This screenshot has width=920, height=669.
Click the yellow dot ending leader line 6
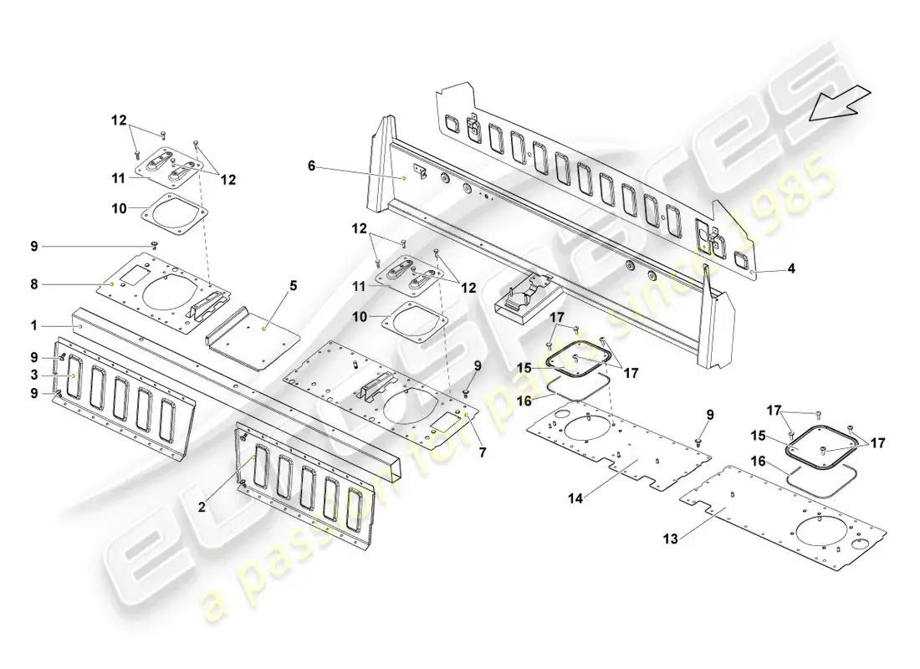coord(404,178)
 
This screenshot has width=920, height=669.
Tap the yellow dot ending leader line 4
coord(753,272)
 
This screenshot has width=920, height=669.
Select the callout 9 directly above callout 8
coord(34,246)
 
